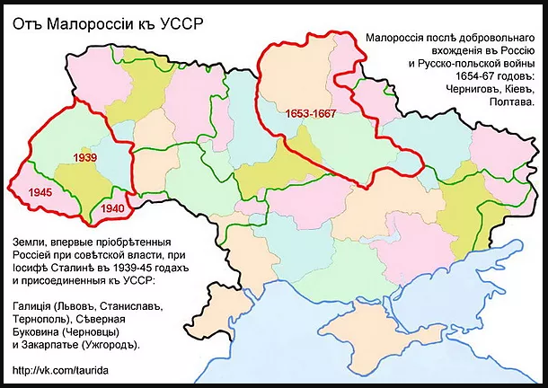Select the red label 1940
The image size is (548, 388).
point(112,208)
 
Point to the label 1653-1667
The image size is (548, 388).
point(311,114)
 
